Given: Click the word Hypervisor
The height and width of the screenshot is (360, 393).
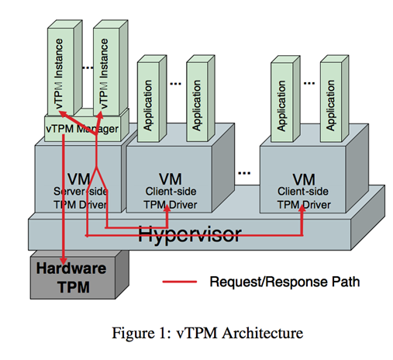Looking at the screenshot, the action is (190, 235).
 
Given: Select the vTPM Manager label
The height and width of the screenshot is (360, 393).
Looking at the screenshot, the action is (82, 129).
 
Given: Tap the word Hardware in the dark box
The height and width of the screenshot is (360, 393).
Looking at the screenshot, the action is (71, 268).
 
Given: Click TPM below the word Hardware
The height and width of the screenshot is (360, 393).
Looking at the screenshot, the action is (74, 287).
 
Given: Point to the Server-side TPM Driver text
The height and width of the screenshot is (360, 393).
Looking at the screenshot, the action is (81, 198).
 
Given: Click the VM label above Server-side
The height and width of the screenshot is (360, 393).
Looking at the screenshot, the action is (79, 179).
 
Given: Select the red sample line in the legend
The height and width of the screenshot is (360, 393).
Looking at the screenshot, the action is (180, 282).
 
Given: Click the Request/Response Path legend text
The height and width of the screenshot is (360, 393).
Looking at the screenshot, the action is (284, 282).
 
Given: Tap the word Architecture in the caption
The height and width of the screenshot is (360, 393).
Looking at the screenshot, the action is (263, 333).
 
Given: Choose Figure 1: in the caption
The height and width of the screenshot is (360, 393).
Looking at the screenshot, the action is (142, 333).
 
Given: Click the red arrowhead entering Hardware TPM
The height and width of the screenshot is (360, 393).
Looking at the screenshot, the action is (64, 260).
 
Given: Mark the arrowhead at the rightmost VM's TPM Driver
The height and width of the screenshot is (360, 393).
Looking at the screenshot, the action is (302, 208).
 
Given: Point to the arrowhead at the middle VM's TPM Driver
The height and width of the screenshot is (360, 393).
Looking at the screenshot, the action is (167, 208).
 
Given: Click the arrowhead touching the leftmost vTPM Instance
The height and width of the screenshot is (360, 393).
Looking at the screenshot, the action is (63, 113).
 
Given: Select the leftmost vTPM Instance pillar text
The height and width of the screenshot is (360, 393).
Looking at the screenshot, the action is (59, 74).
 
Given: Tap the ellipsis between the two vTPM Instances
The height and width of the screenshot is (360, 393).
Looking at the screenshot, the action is (88, 67).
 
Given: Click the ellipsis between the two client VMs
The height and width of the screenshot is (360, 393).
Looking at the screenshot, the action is (244, 173).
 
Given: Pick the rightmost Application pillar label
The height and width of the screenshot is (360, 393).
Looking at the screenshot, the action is (330, 106).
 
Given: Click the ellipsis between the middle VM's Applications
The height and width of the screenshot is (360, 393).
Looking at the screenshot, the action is (175, 84).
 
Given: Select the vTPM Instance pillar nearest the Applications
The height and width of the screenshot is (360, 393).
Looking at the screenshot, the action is (104, 74).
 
